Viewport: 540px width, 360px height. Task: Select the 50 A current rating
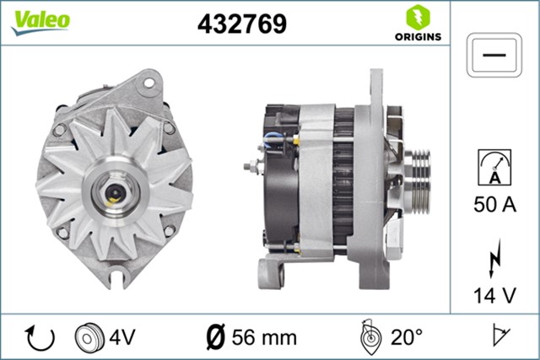point(495,203)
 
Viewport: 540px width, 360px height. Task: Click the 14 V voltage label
point(495,295)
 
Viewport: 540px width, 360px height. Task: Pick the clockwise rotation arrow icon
point(40,337)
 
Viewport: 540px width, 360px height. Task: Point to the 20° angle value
point(406,337)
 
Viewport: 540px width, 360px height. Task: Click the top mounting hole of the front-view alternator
point(150,83)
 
